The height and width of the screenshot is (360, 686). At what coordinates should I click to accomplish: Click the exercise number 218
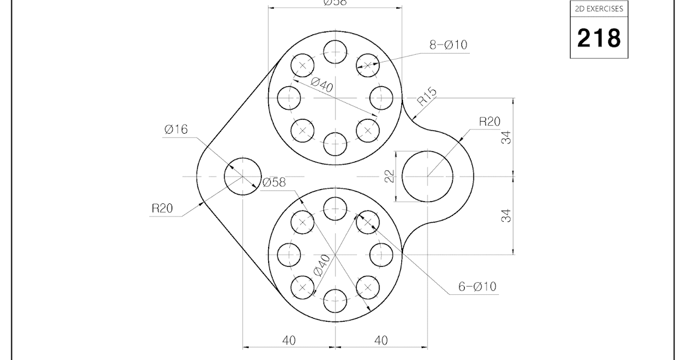[x=599, y=38]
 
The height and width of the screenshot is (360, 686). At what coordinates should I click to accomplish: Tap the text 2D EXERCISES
[x=599, y=9]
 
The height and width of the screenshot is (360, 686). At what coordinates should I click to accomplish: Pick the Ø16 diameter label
[x=176, y=130]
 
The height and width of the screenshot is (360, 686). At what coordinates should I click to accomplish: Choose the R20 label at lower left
[x=162, y=208]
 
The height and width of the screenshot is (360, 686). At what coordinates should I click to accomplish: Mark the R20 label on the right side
[x=489, y=121]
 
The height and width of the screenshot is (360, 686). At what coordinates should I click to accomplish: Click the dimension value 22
[x=390, y=176]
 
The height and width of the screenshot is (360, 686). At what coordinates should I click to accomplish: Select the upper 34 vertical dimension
[x=506, y=137]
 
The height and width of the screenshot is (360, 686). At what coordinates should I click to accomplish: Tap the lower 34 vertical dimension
[x=506, y=215]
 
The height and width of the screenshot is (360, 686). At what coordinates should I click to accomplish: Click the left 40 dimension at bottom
[x=289, y=340]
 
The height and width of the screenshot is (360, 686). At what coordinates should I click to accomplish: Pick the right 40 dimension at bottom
[x=381, y=340]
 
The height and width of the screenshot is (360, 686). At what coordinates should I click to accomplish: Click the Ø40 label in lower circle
[x=322, y=265]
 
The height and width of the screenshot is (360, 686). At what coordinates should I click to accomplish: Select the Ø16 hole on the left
[x=242, y=176]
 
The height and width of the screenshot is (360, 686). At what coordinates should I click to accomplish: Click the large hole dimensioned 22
[x=427, y=177]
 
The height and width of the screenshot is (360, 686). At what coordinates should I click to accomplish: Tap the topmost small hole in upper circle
[x=335, y=53]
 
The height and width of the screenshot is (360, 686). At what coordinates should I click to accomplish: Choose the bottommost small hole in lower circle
[x=335, y=300]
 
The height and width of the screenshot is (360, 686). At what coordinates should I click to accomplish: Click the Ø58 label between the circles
[x=274, y=182]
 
